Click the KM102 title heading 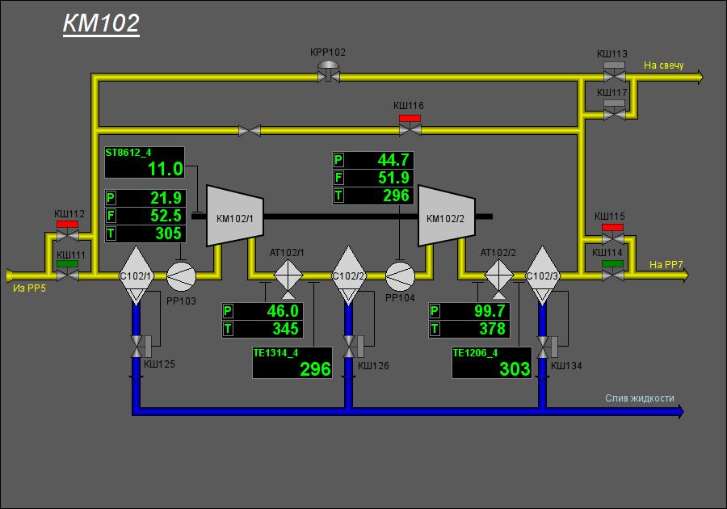point(101,23)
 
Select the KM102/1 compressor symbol point(235,216)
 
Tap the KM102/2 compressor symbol point(447,216)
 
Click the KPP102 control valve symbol point(329,73)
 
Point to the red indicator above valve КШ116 point(410,118)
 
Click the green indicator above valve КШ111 point(67,263)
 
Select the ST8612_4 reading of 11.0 point(166,169)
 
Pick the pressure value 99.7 point(490,311)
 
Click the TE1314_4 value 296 point(315,369)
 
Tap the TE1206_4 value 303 point(515,369)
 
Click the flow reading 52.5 point(166,216)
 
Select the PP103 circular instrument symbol point(181,276)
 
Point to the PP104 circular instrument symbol point(400,276)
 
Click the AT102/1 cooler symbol point(288,276)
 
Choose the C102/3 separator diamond point(543,276)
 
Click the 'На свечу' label point(663,65)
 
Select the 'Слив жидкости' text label point(640,398)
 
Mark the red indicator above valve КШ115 point(612,227)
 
